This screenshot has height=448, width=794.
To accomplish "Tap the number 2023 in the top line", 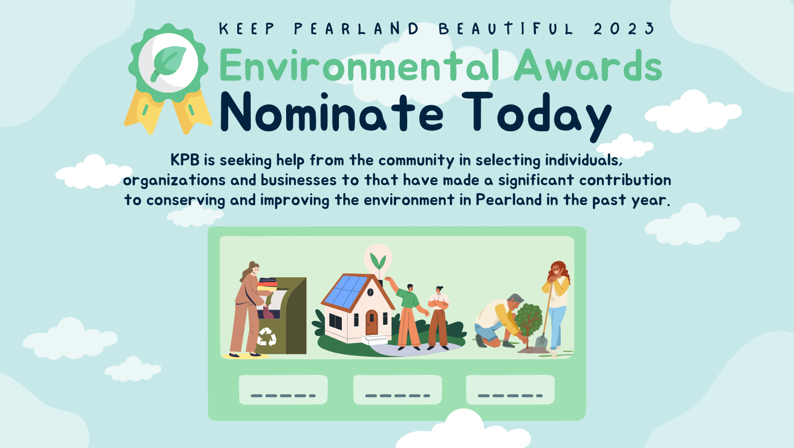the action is tap(624, 29).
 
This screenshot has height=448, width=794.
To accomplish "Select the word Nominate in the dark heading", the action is tap(332, 112).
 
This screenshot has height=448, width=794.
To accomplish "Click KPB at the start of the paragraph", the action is tap(185, 160).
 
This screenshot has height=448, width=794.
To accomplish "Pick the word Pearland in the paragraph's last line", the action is tap(508, 200).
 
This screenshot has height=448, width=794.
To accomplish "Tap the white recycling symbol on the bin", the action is tap(267, 336).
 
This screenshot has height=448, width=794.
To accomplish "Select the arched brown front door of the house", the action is tap(371, 322).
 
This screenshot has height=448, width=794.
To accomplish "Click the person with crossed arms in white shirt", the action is tap(439, 318).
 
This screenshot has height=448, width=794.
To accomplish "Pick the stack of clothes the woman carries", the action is tap(267, 284).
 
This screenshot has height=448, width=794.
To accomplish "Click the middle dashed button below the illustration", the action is tap(397, 389).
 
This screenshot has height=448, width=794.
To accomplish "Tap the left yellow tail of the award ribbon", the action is tap(143, 112).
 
